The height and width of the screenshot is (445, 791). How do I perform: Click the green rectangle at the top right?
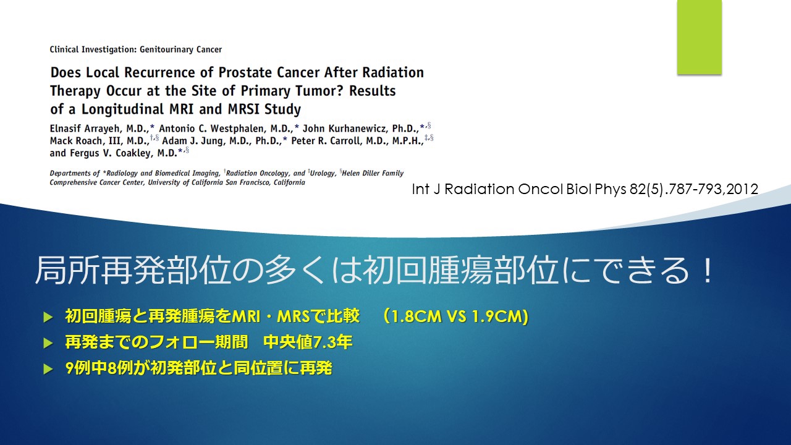[699, 37]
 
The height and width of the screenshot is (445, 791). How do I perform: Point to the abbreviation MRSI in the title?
[244, 109]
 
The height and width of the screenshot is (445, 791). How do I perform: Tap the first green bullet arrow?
[48, 317]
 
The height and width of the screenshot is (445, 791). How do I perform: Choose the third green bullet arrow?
[48, 369]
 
